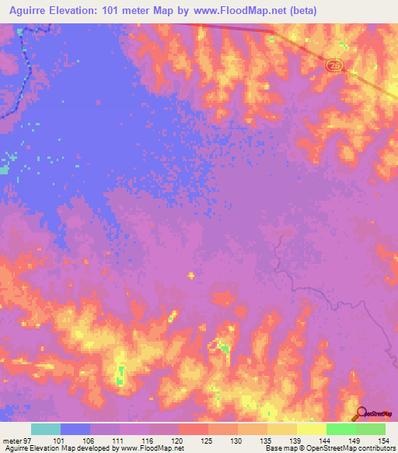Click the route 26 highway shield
tap(334, 67)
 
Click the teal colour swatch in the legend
tap(46, 429)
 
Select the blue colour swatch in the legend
tap(75, 429)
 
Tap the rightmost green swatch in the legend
tap(371, 429)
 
